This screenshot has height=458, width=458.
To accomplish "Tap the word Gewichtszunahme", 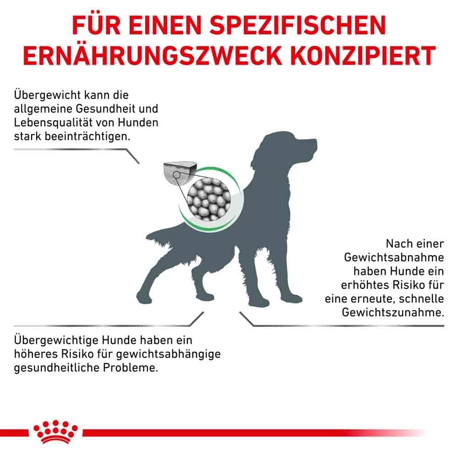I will point(393,312).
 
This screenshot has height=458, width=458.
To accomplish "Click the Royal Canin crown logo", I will point(55,431).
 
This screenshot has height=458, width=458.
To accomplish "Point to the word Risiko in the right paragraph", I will point(403,284).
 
